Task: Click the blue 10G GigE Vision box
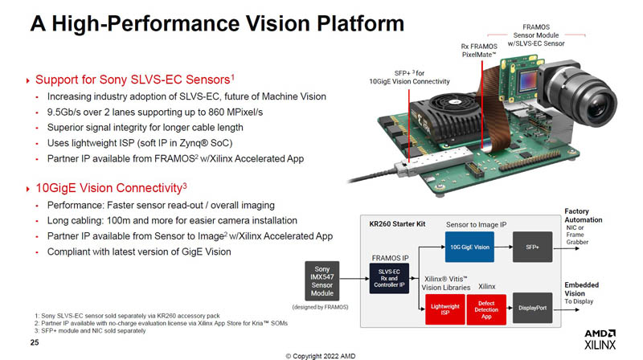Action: [469, 247]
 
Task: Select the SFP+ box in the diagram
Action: [532, 247]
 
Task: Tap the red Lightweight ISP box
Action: [445, 309]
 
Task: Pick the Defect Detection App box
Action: [486, 309]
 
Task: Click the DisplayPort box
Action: [532, 308]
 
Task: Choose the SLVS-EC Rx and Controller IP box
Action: [389, 278]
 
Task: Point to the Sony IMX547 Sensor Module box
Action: [322, 281]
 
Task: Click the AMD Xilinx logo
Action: [600, 339]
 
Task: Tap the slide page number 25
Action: [35, 342]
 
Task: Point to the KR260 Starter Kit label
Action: [397, 224]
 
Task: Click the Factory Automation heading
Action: [584, 215]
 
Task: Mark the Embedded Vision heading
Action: [581, 289]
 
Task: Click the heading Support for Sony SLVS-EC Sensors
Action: [135, 79]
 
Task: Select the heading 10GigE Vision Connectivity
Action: [111, 188]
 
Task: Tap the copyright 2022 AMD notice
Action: [321, 356]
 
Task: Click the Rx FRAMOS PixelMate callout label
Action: [479, 51]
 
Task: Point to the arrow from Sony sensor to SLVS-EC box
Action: [354, 279]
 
